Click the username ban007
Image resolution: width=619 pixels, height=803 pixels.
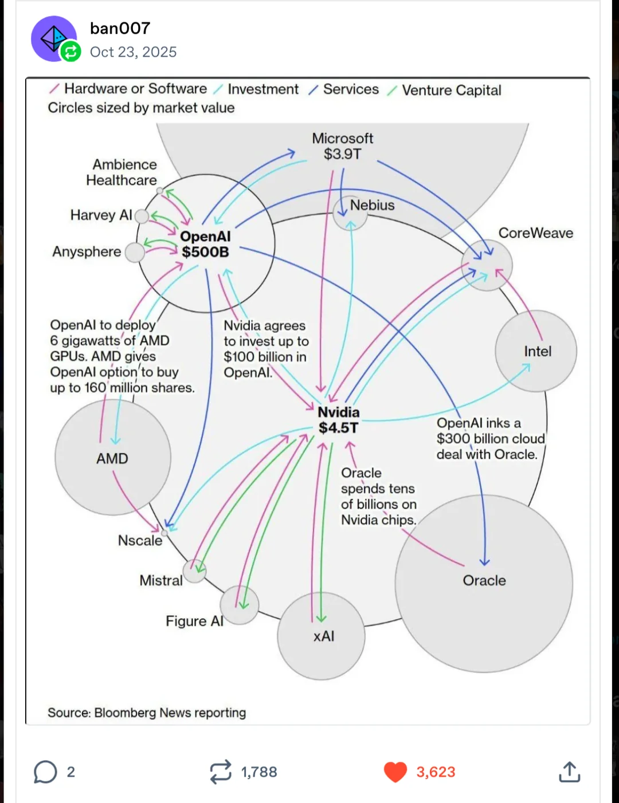tap(120, 29)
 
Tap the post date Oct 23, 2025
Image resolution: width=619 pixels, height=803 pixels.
tap(133, 52)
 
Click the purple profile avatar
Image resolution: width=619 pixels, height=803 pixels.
tap(54, 38)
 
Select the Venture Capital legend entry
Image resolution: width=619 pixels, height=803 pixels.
tap(444, 90)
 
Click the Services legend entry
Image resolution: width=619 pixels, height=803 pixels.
tap(343, 89)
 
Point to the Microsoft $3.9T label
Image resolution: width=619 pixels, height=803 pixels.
tap(342, 146)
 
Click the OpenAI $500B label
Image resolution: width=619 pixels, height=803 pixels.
tap(205, 244)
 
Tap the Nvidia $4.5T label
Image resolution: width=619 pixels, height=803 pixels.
tap(338, 420)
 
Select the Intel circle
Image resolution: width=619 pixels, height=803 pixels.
tap(536, 351)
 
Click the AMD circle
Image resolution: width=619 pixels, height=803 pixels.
tap(113, 458)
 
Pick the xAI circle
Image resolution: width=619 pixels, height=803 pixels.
tap(322, 636)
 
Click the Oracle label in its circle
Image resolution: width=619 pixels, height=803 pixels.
tap(484, 581)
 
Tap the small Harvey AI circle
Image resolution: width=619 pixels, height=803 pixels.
tap(142, 216)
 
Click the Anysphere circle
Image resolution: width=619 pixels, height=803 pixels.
tap(135, 253)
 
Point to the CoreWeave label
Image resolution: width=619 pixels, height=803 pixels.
tap(535, 233)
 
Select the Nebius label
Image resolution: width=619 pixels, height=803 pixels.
tap(372, 205)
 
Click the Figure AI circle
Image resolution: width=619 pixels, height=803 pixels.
tap(239, 605)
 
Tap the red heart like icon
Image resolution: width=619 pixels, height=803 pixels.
tap(395, 772)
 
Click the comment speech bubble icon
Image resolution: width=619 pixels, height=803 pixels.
tap(45, 772)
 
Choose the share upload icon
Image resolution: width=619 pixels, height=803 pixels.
tap(570, 771)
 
